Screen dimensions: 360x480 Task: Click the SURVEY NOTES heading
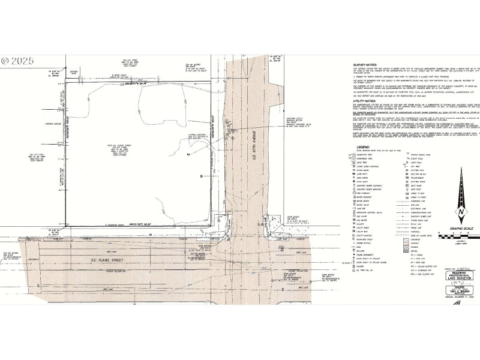pos(367,62)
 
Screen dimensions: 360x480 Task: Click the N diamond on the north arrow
pos(460,213)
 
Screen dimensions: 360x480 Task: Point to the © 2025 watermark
pos(18,61)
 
